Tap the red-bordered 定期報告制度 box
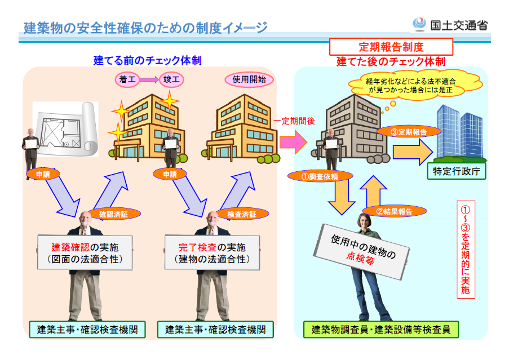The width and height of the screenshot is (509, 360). tap(391, 46)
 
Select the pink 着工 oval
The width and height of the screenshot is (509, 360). tap(128, 79)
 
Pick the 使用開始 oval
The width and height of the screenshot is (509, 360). tap(249, 79)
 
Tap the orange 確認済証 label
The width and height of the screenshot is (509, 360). tap(114, 214)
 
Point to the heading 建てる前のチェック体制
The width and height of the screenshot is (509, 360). tap(147, 61)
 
